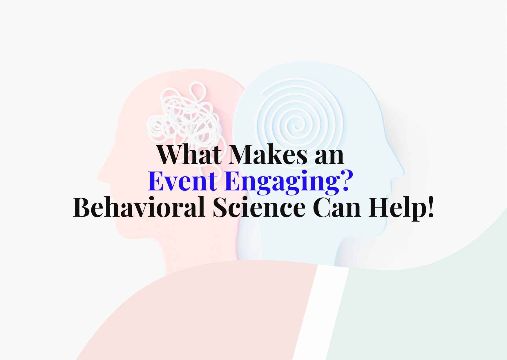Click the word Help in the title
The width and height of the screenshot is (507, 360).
(396, 208)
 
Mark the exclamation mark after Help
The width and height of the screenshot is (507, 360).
(430, 207)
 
